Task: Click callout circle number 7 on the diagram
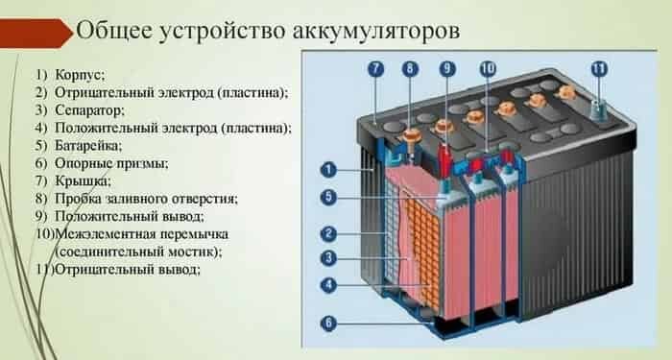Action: pyautogui.click(x=375, y=68)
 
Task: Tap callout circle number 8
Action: pyautogui.click(x=412, y=68)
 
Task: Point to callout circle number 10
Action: pyautogui.click(x=487, y=68)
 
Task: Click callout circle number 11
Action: pyautogui.click(x=599, y=68)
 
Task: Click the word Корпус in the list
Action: pyautogui.click(x=81, y=75)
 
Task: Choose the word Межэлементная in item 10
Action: pyautogui.click(x=105, y=234)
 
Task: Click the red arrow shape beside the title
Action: pyautogui.click(x=36, y=33)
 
